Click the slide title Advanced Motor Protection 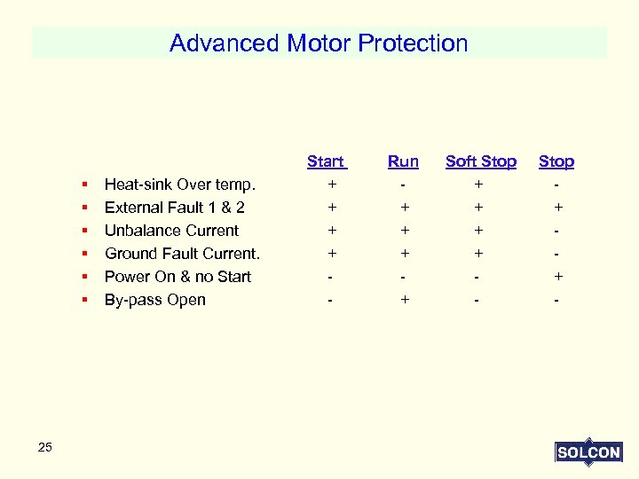[x=319, y=43]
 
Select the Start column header [x=326, y=161]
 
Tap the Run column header [x=403, y=161]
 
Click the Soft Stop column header [x=480, y=161]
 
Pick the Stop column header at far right [x=556, y=161]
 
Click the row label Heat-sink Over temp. [x=180, y=185]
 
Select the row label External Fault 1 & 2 [x=175, y=208]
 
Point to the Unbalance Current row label [x=171, y=231]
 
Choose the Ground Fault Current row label [x=182, y=254]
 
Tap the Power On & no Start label [x=177, y=277]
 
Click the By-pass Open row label [x=155, y=300]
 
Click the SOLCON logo [x=588, y=452]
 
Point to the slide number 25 [x=45, y=447]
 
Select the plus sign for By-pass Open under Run [x=405, y=300]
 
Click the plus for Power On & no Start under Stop [x=557, y=277]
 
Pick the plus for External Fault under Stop [x=557, y=208]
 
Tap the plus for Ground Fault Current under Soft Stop [x=479, y=254]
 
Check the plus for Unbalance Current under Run [x=405, y=231]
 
